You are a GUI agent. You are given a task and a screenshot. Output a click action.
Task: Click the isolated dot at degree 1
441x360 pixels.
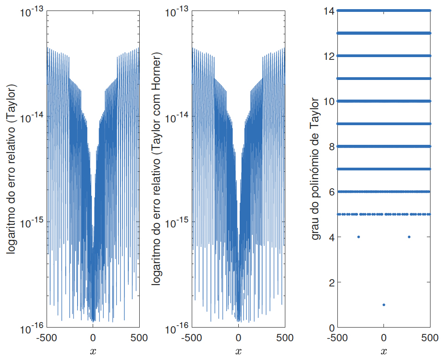pyautogui.click(x=383, y=305)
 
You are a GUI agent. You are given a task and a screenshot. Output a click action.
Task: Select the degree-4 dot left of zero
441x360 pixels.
pyautogui.click(x=358, y=237)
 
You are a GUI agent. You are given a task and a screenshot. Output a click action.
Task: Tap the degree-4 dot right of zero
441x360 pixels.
pyautogui.click(x=409, y=237)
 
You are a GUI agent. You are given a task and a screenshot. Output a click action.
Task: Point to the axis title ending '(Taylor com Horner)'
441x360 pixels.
pyautogui.click(x=156, y=169)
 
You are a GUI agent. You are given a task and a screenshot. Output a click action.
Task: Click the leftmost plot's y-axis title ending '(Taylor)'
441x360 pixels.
pyautogui.click(x=11, y=169)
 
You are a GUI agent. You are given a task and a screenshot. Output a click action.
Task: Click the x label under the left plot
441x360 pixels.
pyautogui.click(x=93, y=352)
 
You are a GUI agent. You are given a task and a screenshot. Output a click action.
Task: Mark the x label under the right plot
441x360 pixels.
pyautogui.click(x=383, y=352)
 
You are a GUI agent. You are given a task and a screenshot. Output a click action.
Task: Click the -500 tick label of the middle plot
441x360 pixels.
pyautogui.click(x=191, y=338)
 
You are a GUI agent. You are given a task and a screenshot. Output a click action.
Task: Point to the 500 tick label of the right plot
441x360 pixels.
pyautogui.click(x=430, y=338)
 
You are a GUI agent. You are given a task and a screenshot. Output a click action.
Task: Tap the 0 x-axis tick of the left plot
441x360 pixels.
pyautogui.click(x=93, y=338)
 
